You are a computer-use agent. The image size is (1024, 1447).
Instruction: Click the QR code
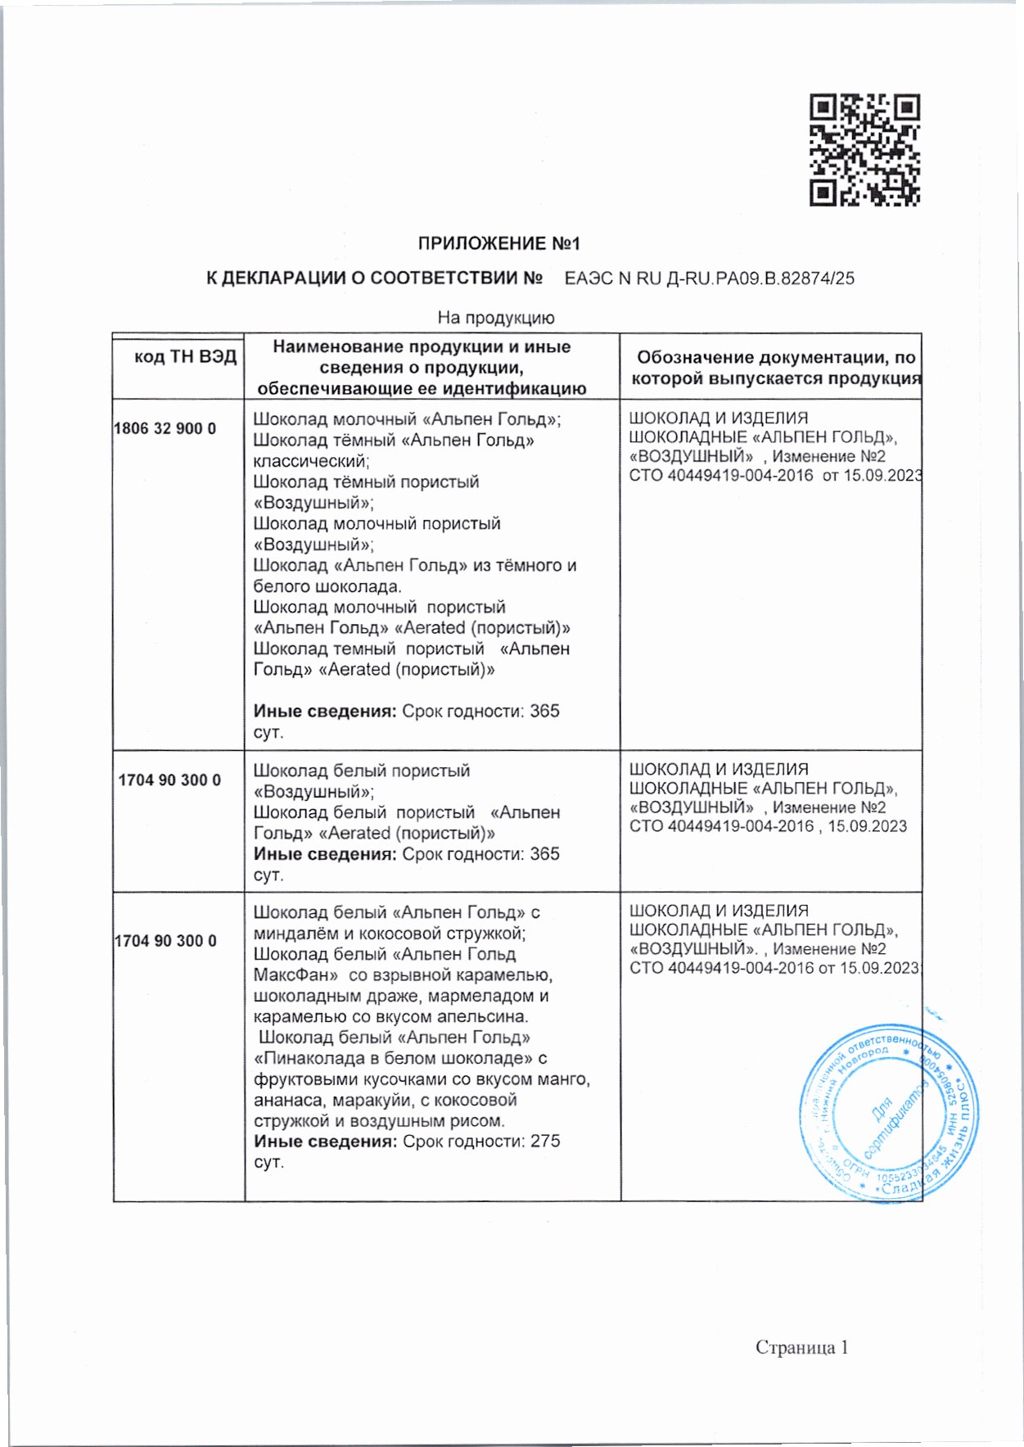[864, 150]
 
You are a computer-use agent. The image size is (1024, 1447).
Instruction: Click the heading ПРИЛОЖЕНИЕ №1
[498, 244]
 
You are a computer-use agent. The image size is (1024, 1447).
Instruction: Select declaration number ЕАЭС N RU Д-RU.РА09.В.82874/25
[709, 278]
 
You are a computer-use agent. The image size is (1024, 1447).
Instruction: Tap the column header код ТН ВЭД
[186, 357]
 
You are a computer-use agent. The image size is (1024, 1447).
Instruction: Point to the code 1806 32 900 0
[165, 428]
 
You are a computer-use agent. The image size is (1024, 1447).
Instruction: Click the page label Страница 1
[801, 1348]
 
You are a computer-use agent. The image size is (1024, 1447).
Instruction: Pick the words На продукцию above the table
[496, 318]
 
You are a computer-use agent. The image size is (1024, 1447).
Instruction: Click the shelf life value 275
[545, 1142]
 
